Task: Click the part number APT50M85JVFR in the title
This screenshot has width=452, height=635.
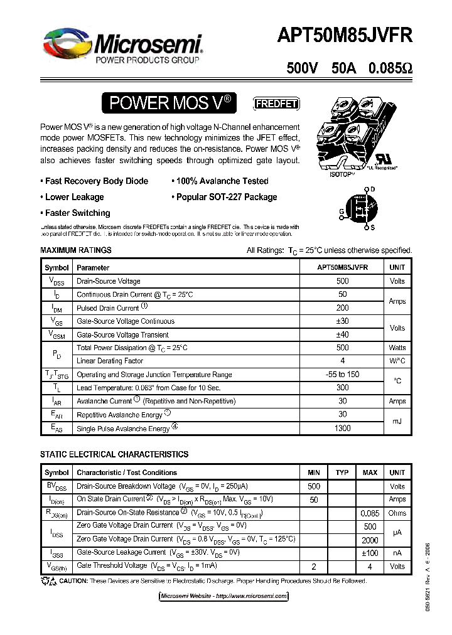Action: (345, 36)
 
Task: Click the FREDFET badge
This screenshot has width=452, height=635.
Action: (276, 104)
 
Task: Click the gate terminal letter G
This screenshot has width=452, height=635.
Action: (342, 211)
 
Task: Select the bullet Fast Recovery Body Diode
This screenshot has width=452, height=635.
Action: (96, 181)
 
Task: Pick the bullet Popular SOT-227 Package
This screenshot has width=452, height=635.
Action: (226, 197)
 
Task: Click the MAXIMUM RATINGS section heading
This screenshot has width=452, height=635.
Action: (75, 250)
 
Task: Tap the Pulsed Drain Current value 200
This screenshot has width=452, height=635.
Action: (342, 308)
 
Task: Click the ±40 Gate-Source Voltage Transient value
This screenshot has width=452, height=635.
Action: (342, 334)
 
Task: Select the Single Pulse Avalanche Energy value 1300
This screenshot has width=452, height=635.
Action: (342, 427)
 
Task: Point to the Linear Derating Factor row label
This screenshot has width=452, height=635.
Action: (110, 361)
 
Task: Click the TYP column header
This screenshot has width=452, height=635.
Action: (342, 472)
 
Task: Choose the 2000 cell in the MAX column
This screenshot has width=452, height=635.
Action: (370, 539)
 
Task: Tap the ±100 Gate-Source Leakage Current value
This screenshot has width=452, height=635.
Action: (370, 553)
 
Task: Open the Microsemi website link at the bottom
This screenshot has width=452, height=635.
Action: (224, 595)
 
